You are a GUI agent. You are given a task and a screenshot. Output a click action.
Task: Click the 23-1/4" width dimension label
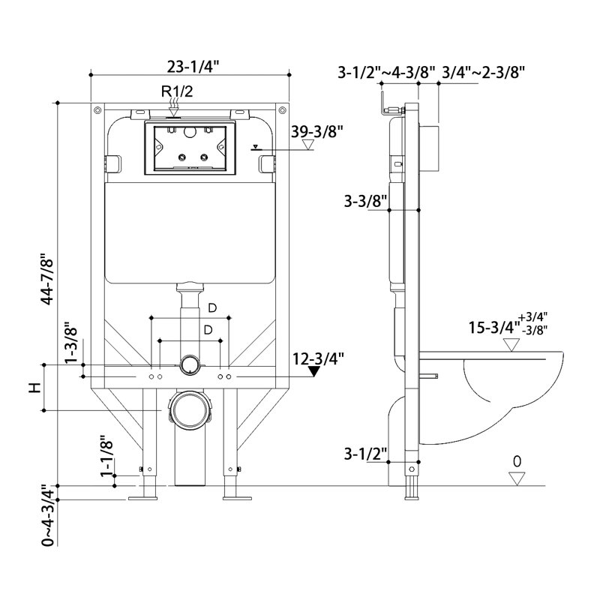193,67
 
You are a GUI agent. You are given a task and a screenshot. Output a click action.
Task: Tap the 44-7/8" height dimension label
48,279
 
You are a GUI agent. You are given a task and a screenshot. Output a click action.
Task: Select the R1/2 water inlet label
177,91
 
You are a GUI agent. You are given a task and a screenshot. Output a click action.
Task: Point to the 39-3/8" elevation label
316,132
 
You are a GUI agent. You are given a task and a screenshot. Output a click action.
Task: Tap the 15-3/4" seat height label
494,328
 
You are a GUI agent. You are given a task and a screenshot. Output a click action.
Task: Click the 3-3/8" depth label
365,201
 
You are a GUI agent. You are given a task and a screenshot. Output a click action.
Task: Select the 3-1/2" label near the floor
365,454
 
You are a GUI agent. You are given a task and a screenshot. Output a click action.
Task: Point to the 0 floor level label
517,461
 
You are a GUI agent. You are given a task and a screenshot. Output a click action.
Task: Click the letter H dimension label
35,388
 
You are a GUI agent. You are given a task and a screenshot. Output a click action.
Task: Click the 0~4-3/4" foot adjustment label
49,514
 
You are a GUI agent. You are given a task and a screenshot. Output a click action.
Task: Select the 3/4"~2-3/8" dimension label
483,72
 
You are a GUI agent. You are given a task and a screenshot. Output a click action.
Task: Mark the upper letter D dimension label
212,307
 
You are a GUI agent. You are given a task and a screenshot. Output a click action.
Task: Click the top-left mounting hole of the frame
97,110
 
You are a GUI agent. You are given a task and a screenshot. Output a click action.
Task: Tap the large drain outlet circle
190,409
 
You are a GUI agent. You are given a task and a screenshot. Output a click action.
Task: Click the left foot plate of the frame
142,498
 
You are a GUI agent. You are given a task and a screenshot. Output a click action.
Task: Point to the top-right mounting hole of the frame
283,110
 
